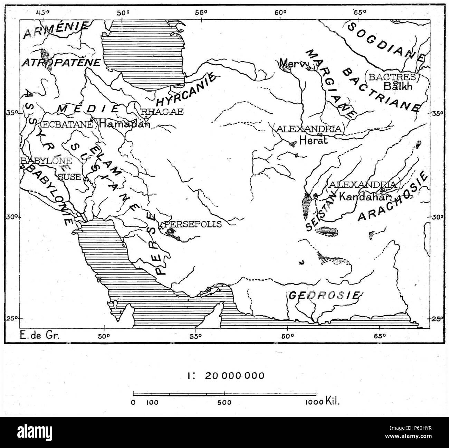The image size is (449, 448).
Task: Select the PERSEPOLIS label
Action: coord(193,224)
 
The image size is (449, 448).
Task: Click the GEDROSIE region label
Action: coord(324,296)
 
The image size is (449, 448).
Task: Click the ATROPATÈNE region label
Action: coord(61,63)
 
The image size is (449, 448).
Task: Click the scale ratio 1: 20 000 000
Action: coord(224,375)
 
